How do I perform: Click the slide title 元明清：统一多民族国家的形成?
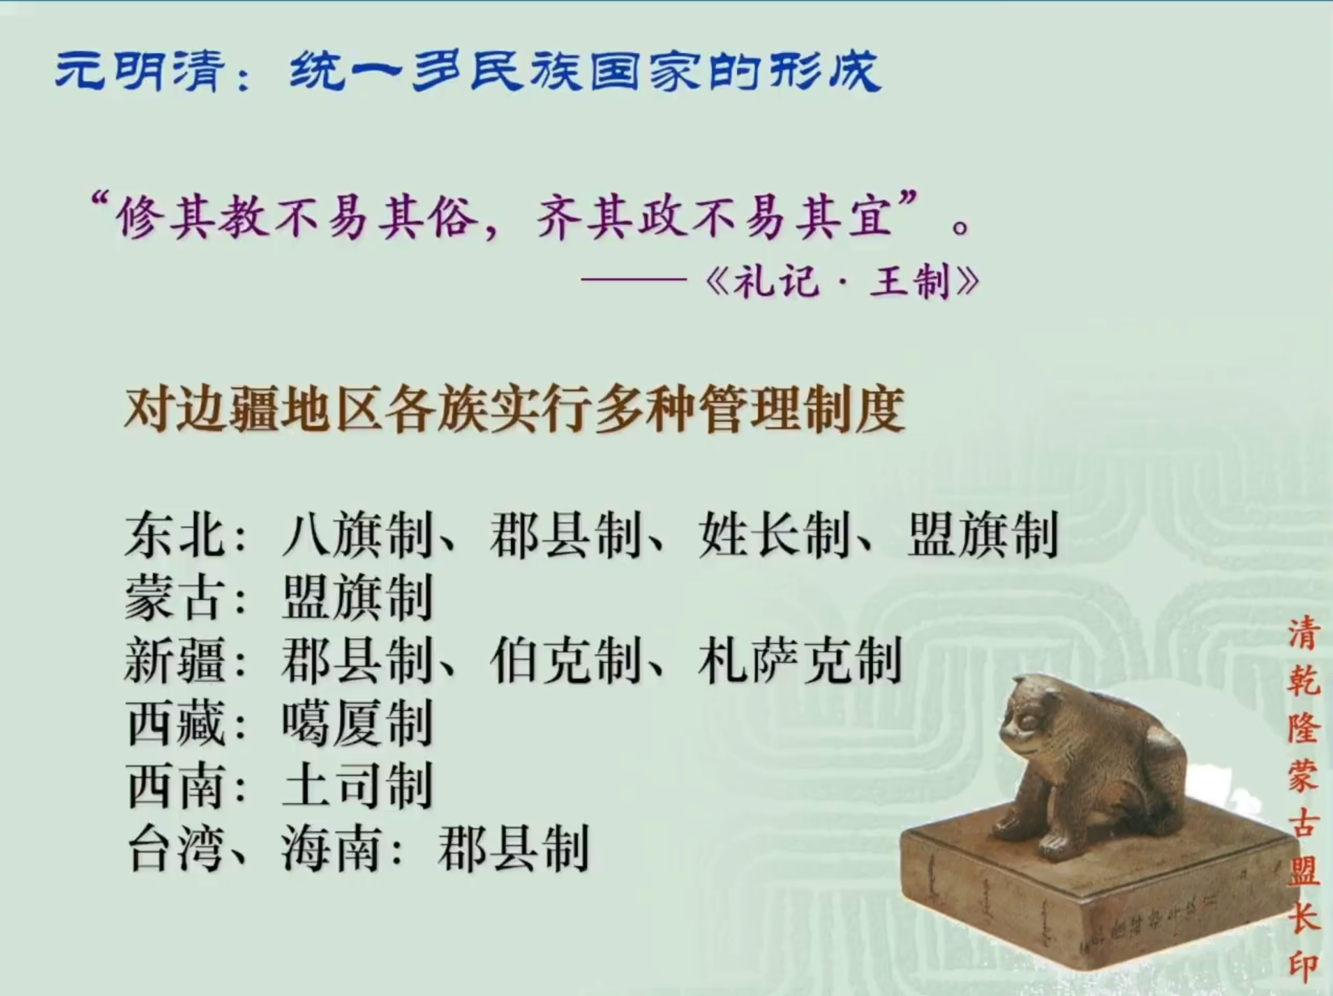(x=468, y=71)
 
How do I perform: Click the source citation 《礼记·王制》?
(x=843, y=282)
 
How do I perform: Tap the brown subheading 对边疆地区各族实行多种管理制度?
(x=514, y=409)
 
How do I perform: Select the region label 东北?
(x=174, y=535)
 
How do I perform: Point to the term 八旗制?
(x=357, y=535)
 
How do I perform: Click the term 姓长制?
(x=774, y=535)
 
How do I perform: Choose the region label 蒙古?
(x=174, y=598)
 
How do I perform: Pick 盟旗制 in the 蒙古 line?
(x=357, y=598)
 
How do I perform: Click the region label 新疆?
(x=174, y=661)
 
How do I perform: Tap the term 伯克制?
(x=565, y=661)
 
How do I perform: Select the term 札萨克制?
(x=800, y=661)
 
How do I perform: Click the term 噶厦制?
(x=357, y=724)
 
